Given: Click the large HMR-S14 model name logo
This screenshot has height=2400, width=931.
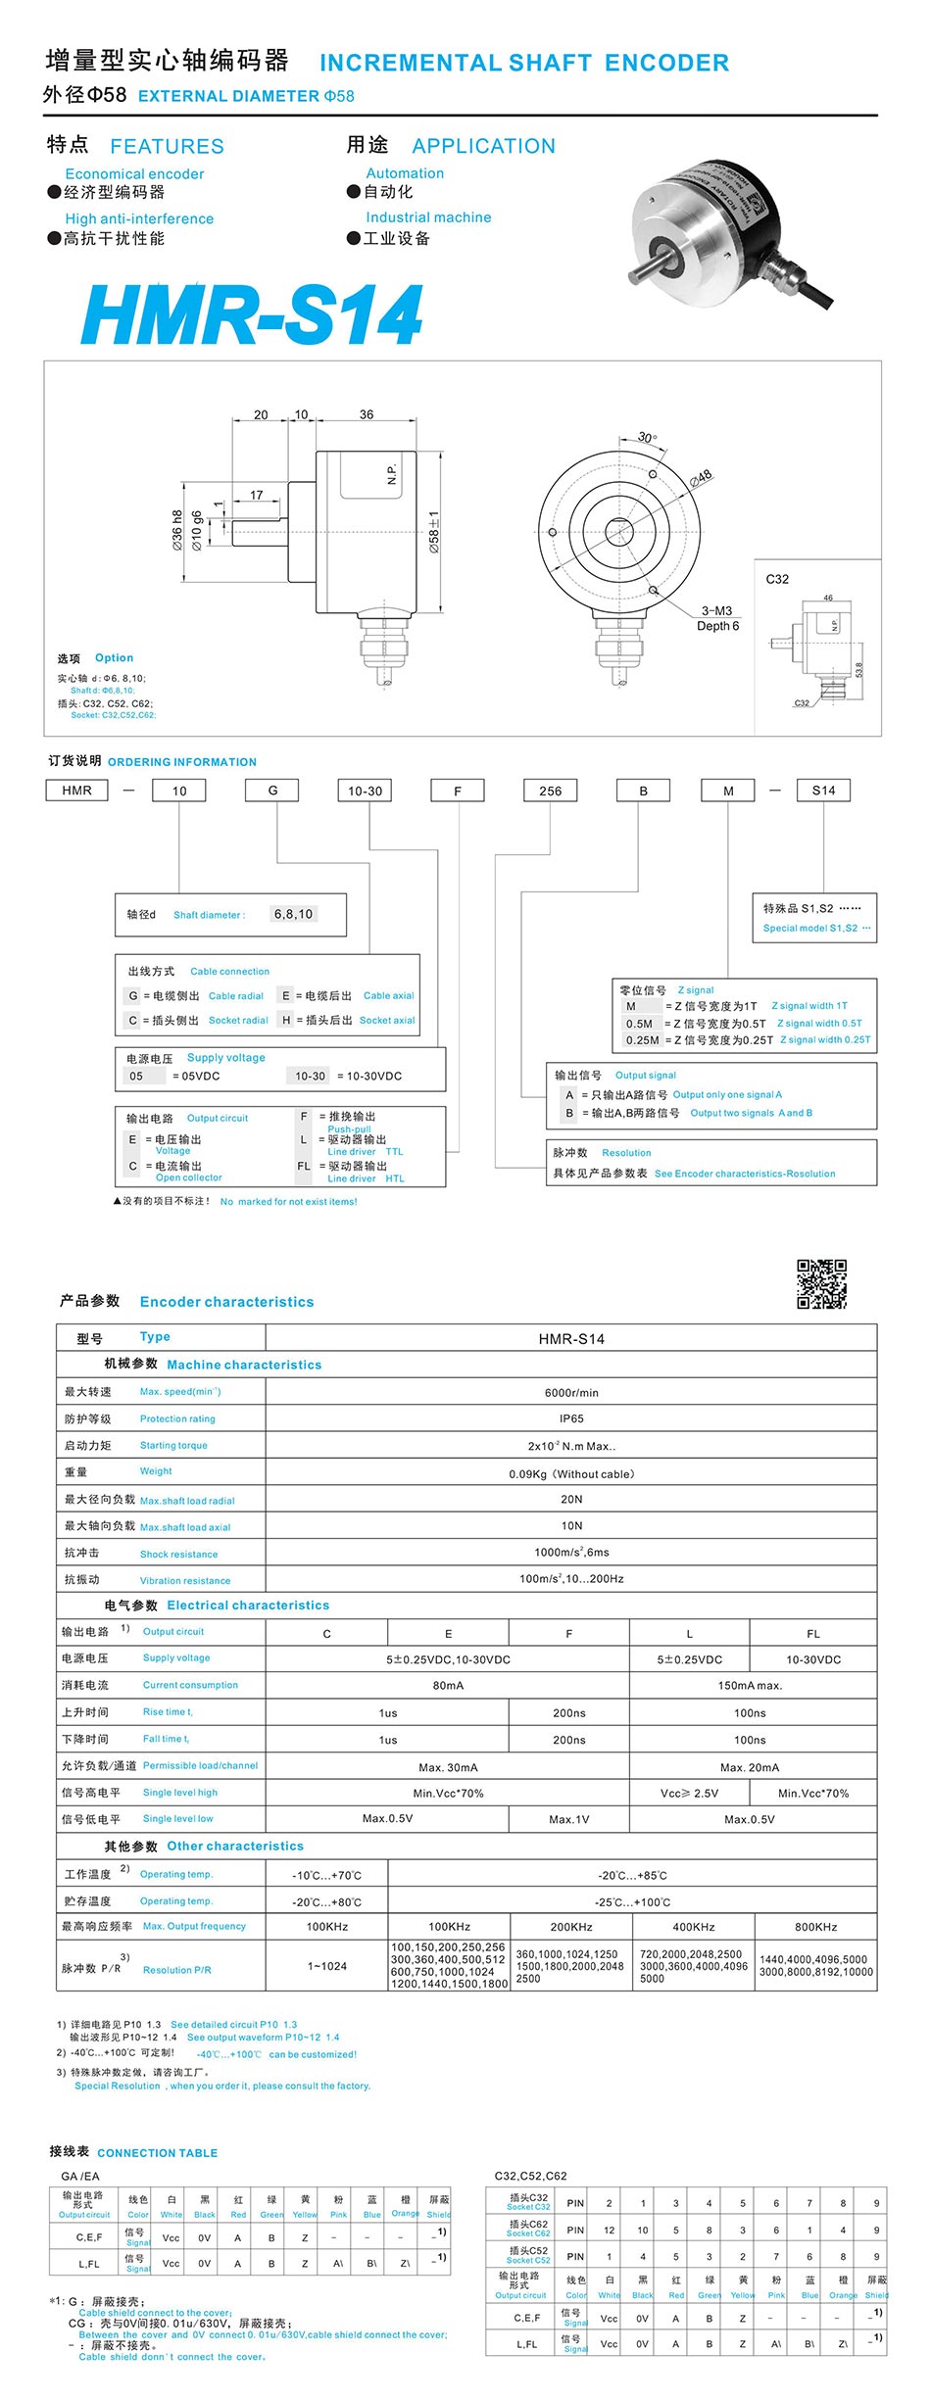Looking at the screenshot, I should point(253,315).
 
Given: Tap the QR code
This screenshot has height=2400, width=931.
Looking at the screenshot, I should point(821,1283).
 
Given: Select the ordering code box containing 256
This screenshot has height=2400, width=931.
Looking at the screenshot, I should point(551,791).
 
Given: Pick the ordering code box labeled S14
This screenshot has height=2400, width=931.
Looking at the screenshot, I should point(823,791).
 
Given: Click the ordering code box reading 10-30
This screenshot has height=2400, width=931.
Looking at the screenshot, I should point(366,791).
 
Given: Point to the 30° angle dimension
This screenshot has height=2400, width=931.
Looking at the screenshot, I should point(648,437).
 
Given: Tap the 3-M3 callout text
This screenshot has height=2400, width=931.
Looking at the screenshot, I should point(716,610).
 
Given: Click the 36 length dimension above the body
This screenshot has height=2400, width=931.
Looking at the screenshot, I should point(367,414).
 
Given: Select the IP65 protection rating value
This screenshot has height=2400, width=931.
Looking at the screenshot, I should point(571,1418).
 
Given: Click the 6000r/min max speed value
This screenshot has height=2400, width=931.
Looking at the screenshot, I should point(571,1392).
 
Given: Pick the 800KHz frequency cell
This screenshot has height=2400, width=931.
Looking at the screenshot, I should point(815,1927).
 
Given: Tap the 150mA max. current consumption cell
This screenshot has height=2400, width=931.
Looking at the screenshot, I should point(751,1686).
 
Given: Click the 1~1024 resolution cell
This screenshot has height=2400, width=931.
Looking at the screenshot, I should point(327,1966).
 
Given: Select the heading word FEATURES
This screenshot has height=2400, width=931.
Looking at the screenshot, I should point(167,146).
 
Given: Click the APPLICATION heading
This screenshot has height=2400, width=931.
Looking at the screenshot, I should point(483,146).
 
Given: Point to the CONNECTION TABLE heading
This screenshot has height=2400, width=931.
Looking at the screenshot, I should point(157,2152).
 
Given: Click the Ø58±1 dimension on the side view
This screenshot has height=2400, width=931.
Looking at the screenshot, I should point(434,533).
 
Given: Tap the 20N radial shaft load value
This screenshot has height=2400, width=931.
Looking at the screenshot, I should point(571,1499).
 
